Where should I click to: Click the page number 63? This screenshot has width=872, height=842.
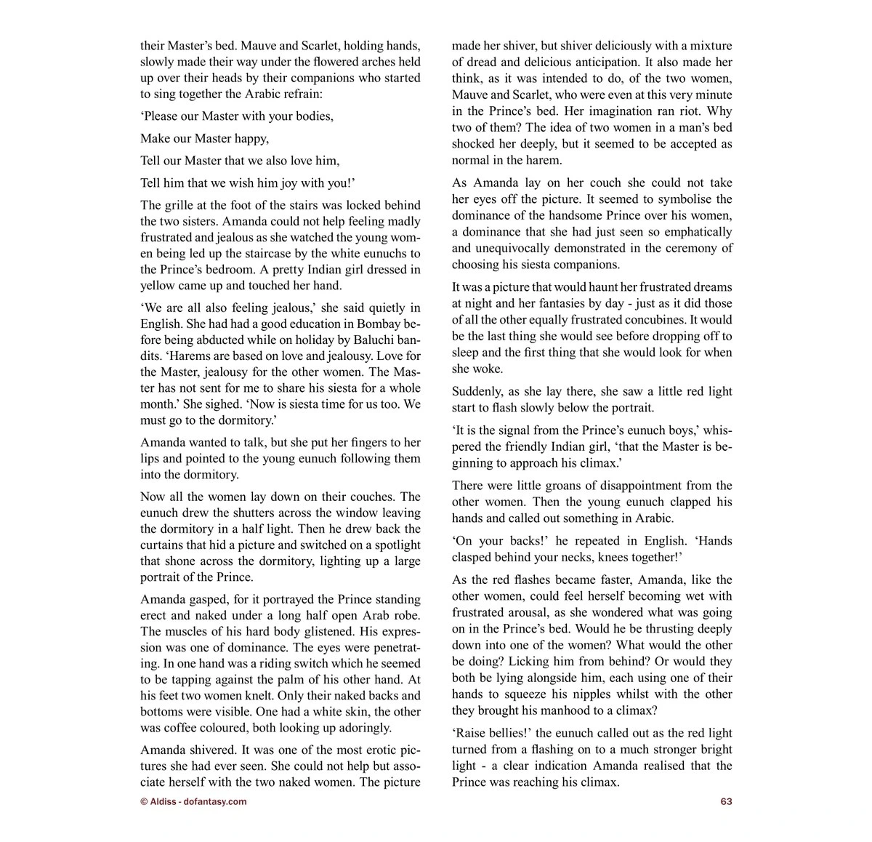[x=726, y=801]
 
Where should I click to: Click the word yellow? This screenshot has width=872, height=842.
[x=157, y=286]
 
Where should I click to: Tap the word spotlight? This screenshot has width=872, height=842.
[x=393, y=545]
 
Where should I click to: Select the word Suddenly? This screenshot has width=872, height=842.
[x=477, y=391]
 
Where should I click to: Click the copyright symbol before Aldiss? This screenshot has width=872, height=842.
[x=144, y=801]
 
